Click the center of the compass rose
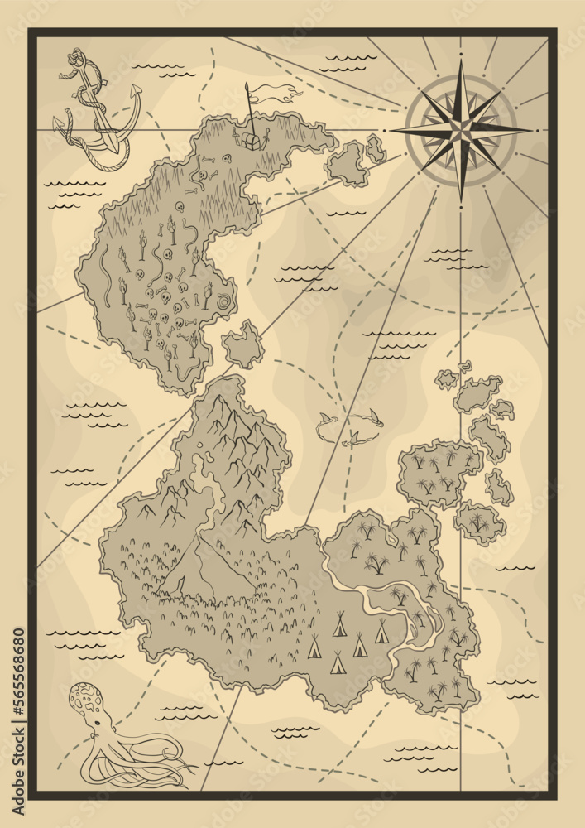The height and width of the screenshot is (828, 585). (x=460, y=129)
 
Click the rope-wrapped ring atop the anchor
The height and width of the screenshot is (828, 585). (x=75, y=60)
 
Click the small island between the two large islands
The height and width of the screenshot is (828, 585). (x=242, y=344)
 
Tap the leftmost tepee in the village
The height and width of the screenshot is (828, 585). (x=314, y=647)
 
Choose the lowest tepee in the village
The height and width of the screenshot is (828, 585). (x=338, y=662)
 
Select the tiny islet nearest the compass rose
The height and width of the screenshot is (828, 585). (x=376, y=149)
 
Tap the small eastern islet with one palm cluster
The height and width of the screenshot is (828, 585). (x=480, y=522)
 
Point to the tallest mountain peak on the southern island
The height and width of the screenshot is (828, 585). (x=218, y=406)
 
